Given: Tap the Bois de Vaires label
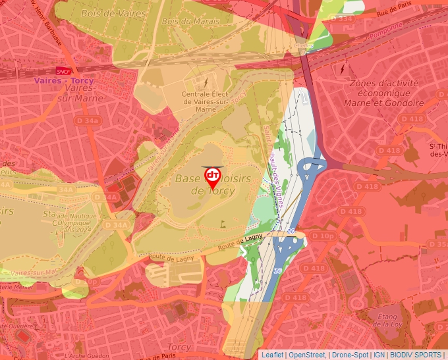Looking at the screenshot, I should (103, 13).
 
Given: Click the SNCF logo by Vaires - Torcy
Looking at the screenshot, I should (63, 71).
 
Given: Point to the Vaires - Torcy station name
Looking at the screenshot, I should (63, 81).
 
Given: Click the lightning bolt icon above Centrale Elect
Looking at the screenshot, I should (206, 83).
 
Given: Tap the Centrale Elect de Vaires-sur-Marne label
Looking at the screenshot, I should (206, 101).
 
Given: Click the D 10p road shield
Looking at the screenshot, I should (323, 236).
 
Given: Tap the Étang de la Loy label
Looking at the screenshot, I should (387, 320).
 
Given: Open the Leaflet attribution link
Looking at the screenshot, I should (272, 355).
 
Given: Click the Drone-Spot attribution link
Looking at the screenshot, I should (350, 355).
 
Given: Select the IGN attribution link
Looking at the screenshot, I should (379, 355).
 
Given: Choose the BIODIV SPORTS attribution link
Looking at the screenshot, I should (415, 355).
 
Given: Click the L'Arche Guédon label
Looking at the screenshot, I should (88, 355).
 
